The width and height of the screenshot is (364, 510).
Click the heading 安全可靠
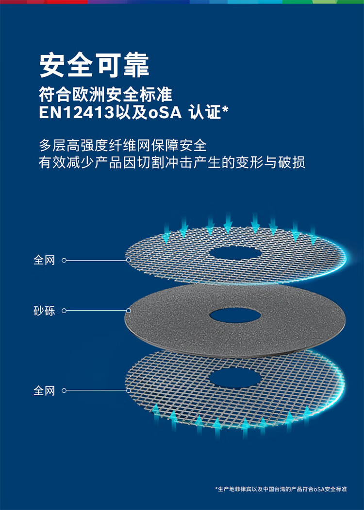pos(94,65)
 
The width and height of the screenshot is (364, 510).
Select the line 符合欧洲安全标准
pos(105,94)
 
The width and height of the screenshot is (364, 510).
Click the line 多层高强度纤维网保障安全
pos(122,145)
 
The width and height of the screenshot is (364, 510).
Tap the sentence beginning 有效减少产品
pos(172,162)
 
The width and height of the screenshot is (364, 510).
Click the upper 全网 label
pos(44,261)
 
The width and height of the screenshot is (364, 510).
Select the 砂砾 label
pos(44,311)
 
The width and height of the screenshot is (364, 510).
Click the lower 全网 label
pos(44,390)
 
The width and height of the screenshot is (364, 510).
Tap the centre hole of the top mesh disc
pos(235,253)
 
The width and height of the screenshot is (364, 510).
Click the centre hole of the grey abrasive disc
pos(235,315)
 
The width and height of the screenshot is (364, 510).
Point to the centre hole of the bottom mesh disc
pos(235,377)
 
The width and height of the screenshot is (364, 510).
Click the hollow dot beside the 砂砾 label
pos(64,311)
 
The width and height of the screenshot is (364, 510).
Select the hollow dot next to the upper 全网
pos(64,261)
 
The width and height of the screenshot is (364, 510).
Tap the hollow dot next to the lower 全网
pos(64,390)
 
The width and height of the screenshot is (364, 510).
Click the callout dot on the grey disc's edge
pos(129,311)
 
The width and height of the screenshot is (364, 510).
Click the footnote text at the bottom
pos(281,489)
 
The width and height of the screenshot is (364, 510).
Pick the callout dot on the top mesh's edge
pos(129,260)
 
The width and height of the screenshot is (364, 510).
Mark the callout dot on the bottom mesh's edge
pos(129,390)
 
